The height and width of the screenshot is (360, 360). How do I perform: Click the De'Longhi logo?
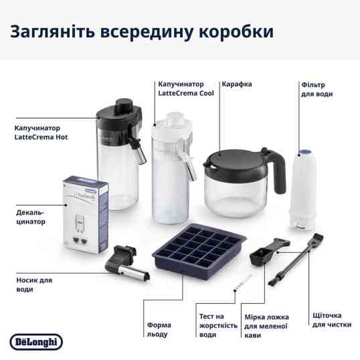coord(36,341)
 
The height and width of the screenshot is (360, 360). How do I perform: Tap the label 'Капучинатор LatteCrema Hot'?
coord(41,132)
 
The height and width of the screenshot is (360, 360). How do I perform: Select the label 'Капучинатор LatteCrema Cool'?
coord(186,89)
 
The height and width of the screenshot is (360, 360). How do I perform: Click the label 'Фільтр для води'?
coord(316,90)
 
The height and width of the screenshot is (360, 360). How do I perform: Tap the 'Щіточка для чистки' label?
coord(327,320)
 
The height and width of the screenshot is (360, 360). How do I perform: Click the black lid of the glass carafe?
coord(238,158)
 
